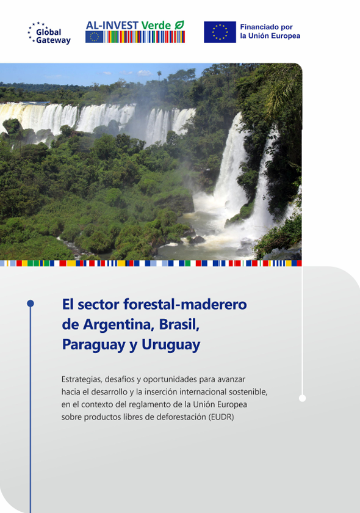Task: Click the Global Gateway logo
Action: coord(49,33)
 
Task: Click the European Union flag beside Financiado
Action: coord(220,32)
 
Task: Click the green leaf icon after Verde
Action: coord(179,25)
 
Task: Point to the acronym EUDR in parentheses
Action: coord(222,417)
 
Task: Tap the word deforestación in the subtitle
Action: coord(179,417)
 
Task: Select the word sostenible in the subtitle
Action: coord(247,391)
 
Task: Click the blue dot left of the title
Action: coord(30,304)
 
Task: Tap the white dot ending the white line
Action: coord(302,398)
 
